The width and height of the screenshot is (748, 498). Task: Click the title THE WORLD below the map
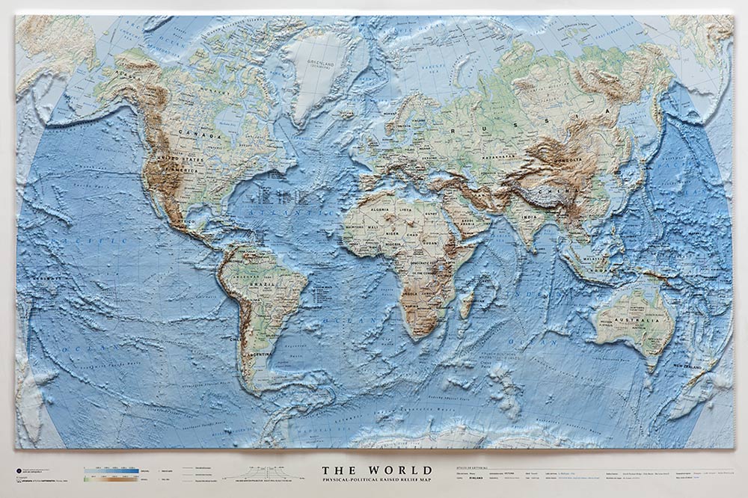point(376,470)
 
